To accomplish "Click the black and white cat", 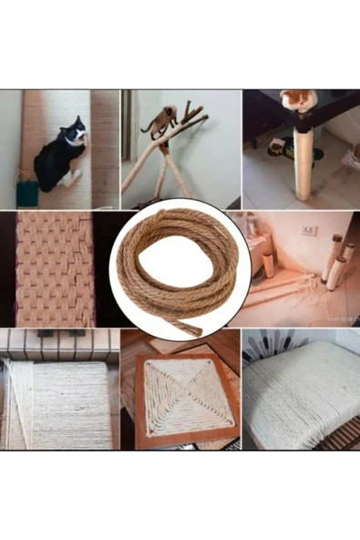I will [x=60, y=154].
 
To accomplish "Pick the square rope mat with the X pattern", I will [x=180, y=400].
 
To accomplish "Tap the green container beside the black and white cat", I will [x=24, y=193].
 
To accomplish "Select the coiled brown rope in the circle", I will [x=180, y=269].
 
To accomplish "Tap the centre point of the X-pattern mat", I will [x=180, y=400].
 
